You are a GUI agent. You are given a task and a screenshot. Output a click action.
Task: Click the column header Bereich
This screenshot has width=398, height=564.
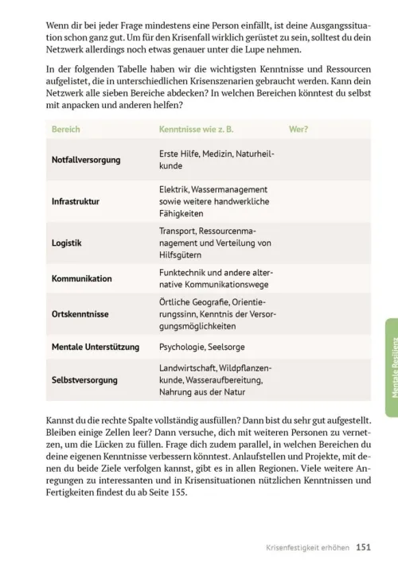pos(65,129)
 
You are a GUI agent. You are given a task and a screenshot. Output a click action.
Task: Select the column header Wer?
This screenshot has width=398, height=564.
pos(299,129)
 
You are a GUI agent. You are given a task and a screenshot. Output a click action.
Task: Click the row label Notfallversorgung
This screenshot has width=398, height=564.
pos(86,160)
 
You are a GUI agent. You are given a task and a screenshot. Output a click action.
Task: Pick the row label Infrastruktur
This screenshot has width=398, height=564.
pos(76,201)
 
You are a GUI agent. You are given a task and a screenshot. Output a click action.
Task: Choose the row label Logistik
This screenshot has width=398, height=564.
pos(67,243)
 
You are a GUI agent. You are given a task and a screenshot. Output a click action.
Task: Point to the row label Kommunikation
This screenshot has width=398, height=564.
pos(82,279)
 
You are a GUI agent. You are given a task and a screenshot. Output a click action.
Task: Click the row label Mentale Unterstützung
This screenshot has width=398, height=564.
pos(95,347)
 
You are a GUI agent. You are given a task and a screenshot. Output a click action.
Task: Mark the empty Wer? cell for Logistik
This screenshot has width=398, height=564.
pos(326,243)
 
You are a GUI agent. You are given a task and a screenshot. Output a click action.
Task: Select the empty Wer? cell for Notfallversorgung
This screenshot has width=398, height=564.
pos(326,160)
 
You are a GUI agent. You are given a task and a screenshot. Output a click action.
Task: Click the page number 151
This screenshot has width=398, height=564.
pos(364,546)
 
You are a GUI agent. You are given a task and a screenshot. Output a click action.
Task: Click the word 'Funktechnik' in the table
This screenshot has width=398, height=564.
pos(182,272)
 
